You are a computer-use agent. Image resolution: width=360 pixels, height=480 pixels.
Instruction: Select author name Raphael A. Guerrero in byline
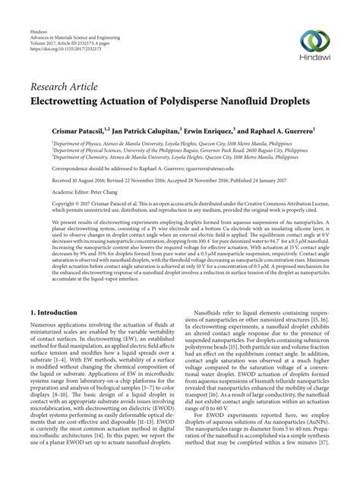290,131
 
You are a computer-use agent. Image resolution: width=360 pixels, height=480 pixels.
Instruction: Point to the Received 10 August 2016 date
68,182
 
